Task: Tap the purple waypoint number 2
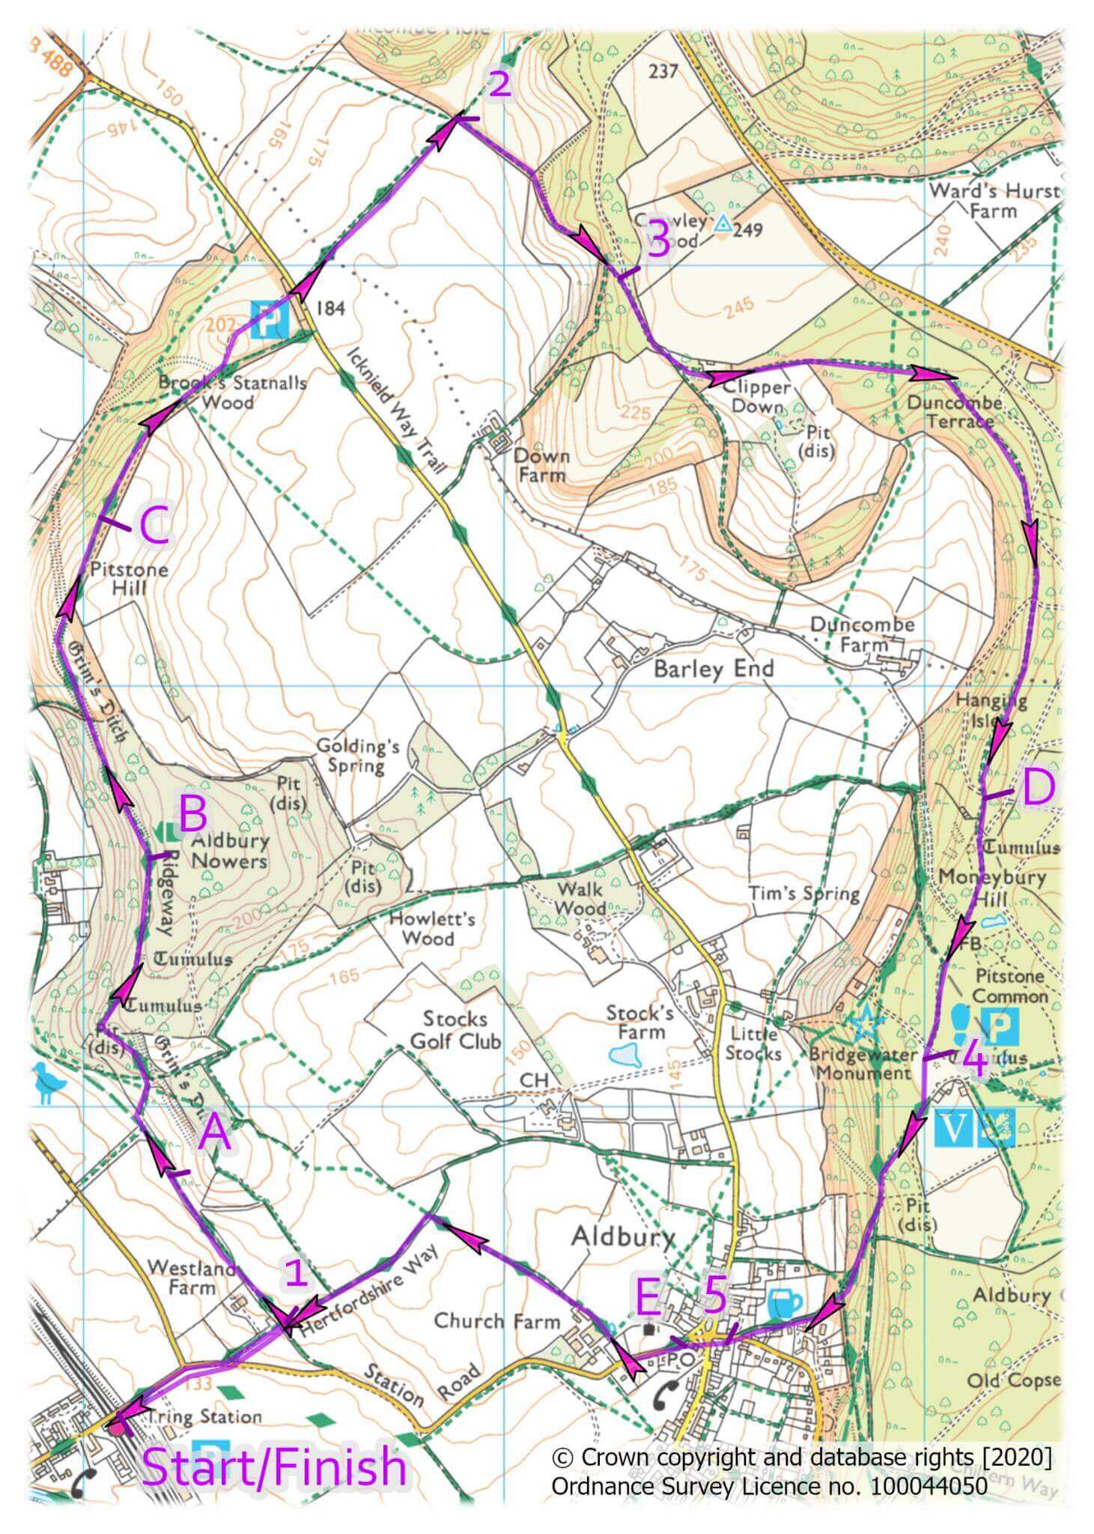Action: tap(499, 84)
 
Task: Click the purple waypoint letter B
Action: tap(192, 813)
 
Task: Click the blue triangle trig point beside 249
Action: tap(723, 223)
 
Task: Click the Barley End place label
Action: tap(713, 668)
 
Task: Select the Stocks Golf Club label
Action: tap(455, 1030)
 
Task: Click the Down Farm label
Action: tap(541, 465)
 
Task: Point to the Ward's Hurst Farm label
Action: tap(994, 201)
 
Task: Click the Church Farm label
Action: tap(496, 1321)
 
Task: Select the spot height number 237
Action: tap(663, 71)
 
